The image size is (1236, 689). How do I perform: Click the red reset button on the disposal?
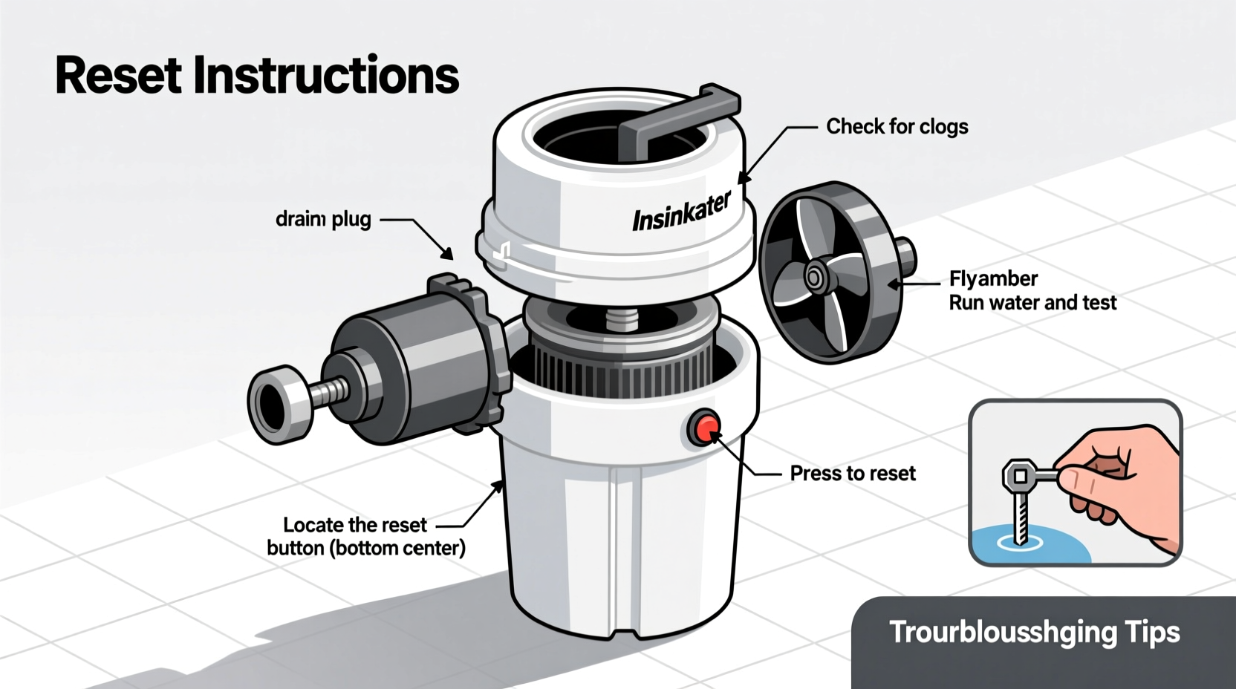click(703, 428)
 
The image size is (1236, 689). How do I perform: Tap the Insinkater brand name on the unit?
click(681, 212)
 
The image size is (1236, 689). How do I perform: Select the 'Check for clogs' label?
click(897, 127)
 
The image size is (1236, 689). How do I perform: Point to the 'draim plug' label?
click(323, 220)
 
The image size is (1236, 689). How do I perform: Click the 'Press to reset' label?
click(852, 474)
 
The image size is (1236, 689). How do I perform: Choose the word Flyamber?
click(993, 279)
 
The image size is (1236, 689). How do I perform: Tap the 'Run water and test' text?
click(1032, 303)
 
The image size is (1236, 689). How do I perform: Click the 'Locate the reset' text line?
click(355, 525)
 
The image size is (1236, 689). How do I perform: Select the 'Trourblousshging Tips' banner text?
click(1034, 633)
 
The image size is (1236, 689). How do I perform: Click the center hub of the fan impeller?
click(814, 278)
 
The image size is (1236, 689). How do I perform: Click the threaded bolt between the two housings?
click(622, 320)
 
